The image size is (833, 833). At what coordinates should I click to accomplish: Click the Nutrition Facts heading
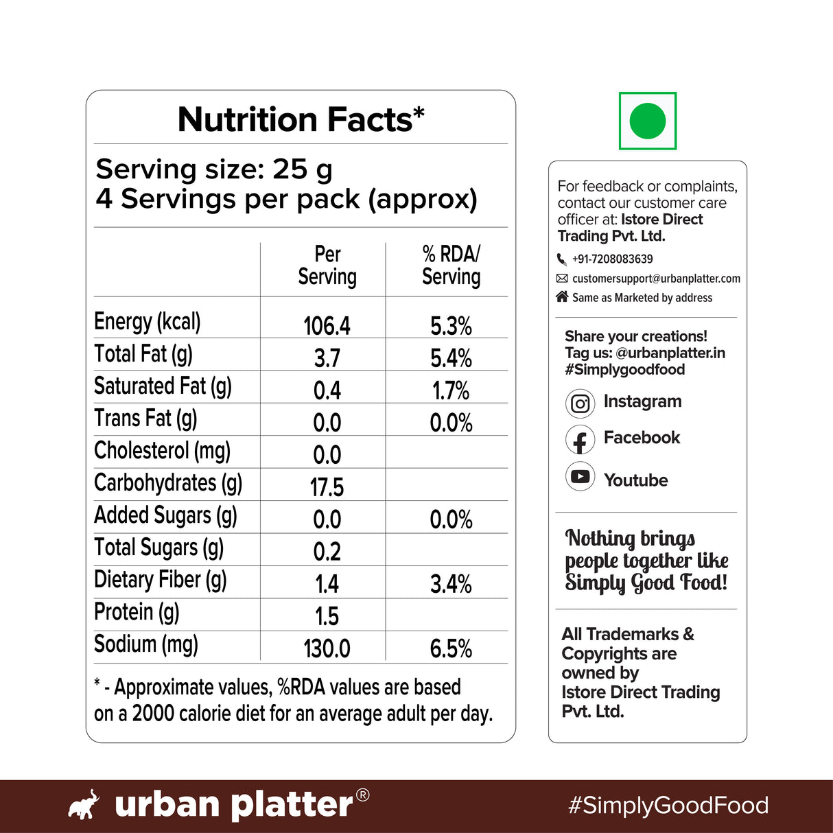(x=301, y=119)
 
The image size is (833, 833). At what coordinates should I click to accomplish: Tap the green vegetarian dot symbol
(x=647, y=121)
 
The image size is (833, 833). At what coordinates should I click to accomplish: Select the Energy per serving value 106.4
(x=327, y=325)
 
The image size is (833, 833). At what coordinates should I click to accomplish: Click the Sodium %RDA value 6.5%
(x=451, y=648)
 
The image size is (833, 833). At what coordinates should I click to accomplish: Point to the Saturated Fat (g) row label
(x=163, y=386)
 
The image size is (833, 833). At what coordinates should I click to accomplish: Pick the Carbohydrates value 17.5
(x=327, y=487)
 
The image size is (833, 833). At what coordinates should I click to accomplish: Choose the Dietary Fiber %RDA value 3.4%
(x=451, y=584)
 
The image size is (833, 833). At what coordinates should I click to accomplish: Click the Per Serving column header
(x=327, y=266)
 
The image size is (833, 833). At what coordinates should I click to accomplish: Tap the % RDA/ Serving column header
(x=451, y=266)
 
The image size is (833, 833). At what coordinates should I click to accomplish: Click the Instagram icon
(x=580, y=403)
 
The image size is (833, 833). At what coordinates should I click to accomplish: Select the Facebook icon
(x=580, y=440)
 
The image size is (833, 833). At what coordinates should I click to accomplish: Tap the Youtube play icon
(x=580, y=476)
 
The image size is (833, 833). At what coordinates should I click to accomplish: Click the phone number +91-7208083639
(x=612, y=259)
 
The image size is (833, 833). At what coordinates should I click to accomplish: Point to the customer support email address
(x=656, y=279)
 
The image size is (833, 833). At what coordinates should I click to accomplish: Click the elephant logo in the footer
(x=84, y=804)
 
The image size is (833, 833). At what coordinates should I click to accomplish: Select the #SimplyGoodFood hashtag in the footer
(x=668, y=805)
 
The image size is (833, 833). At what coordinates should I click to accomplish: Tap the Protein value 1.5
(x=327, y=616)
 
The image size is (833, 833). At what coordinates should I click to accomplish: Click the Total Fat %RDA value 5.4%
(x=451, y=357)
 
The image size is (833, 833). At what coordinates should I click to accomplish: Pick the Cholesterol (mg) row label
(x=162, y=451)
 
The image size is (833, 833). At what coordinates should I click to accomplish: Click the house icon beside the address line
(x=562, y=296)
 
